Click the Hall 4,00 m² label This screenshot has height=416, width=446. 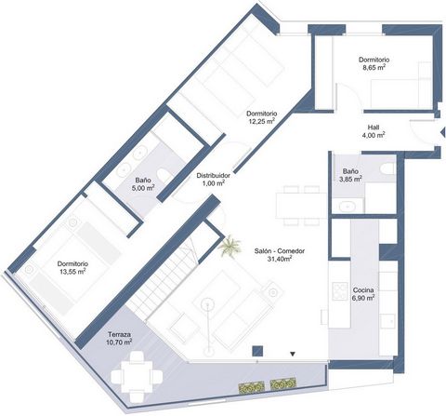point(374,131)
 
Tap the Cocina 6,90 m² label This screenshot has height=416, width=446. point(363,294)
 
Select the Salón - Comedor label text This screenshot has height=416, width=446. point(280,251)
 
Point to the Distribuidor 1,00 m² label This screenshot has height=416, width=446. point(213,180)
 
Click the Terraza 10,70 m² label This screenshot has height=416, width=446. point(120,339)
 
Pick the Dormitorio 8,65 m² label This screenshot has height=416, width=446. point(374,63)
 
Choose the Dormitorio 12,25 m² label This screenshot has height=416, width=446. point(261,117)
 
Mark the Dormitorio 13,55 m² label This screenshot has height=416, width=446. point(72,268)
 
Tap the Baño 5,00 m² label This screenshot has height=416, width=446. point(143,184)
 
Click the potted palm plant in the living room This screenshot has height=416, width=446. point(230,247)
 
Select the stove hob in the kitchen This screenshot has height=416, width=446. point(340,291)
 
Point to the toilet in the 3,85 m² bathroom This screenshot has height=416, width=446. point(387,169)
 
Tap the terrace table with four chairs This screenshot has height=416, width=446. point(137,376)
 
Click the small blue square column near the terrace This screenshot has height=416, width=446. point(257,351)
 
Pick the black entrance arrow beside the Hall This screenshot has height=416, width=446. point(442,133)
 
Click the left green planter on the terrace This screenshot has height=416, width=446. point(251,387)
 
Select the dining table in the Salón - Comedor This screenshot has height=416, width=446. point(300,205)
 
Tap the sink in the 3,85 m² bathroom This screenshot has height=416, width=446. point(347,206)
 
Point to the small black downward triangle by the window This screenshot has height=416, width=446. point(293,354)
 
